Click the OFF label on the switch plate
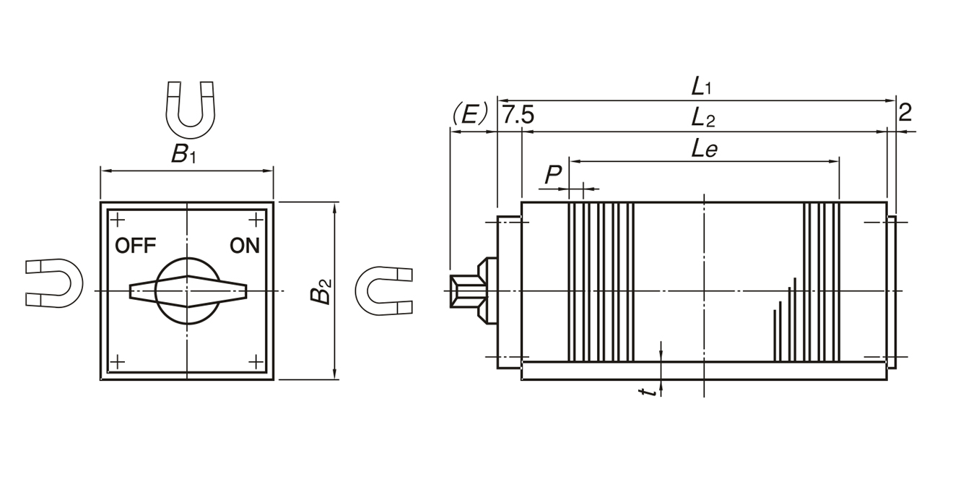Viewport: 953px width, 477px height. coord(135,246)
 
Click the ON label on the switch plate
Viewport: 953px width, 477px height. coord(245,246)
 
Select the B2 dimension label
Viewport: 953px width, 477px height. coord(323,291)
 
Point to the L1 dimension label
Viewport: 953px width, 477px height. coord(700,87)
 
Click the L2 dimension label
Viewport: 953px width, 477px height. coord(702,117)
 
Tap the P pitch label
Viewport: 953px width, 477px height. coord(552,174)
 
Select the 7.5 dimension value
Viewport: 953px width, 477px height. coord(518,115)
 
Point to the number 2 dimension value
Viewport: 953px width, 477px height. coord(905,112)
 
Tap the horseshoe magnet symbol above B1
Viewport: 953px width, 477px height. coord(191,109)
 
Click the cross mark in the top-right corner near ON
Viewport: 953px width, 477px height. coord(256,220)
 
